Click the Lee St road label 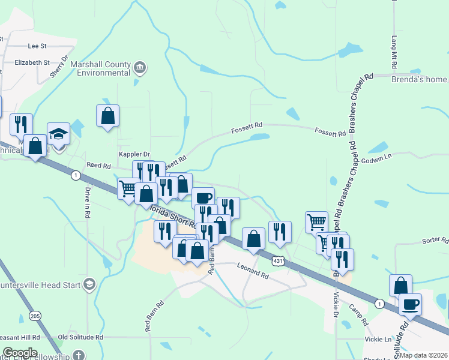pos(37,46)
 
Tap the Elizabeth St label pos(32,62)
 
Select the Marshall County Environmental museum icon pos(139,66)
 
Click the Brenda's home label pos(419,79)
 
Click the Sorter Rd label pos(435,240)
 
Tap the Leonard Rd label pos(252,271)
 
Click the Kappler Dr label pos(133,154)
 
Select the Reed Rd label pos(99,166)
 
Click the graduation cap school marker pos(59,134)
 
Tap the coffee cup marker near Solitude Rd pos(410,304)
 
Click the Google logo pos(19,353)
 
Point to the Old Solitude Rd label pos(80,338)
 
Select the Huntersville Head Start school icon pos(89,283)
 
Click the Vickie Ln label pos(378,340)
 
